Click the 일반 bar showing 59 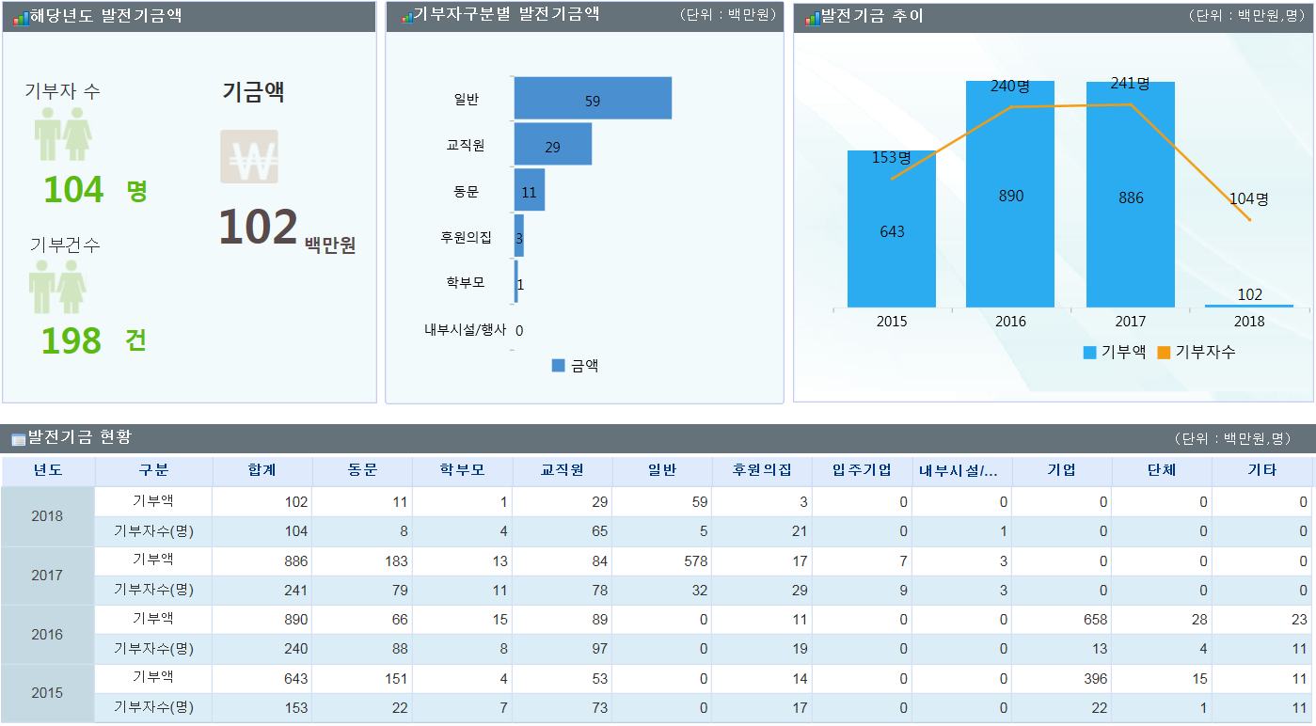(593, 98)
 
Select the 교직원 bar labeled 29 (553, 144)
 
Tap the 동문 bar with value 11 (530, 190)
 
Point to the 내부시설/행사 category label (465, 329)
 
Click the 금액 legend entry (575, 365)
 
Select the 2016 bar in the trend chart (1010, 194)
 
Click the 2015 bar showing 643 (891, 229)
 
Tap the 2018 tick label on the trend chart (1249, 322)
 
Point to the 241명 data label (1130, 84)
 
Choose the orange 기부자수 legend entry (1197, 352)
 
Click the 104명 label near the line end (1249, 199)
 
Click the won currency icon (249, 157)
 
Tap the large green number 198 (71, 340)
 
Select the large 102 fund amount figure (258, 227)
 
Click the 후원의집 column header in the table (761, 470)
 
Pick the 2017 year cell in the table (47, 575)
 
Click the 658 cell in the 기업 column (1095, 620)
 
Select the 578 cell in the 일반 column (695, 560)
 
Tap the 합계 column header (262, 470)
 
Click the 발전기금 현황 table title (80, 437)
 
